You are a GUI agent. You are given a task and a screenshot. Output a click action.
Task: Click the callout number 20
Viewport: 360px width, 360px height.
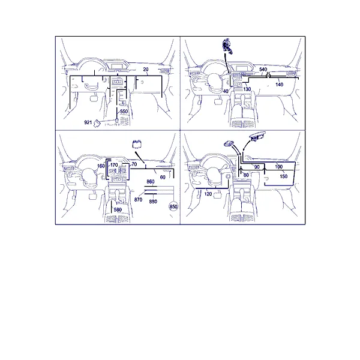pos(146,70)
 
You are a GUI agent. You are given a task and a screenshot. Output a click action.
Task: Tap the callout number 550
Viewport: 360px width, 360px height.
pos(124,112)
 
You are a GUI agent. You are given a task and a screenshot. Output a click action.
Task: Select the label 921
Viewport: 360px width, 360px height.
pos(88,122)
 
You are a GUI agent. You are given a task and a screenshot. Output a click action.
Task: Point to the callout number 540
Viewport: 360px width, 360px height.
pos(263,70)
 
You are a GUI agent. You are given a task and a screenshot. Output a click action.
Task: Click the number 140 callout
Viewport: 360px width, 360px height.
pos(279,85)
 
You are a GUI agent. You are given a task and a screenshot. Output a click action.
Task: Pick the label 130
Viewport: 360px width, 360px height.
pos(247,89)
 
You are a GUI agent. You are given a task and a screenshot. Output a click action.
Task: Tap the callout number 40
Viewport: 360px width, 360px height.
pos(226,91)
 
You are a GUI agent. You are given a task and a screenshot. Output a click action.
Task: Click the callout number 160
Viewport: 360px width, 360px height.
pos(101,166)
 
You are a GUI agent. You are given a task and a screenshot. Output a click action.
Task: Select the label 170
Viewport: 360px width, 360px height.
pos(114,165)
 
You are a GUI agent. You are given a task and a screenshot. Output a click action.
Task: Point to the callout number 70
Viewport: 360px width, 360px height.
pos(134,164)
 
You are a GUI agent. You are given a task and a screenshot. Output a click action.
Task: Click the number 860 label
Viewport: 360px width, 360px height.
pos(151,182)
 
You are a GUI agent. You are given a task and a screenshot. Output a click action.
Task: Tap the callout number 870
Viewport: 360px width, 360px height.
pos(138,200)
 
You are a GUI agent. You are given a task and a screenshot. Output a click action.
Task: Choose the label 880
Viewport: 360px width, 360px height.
pos(153,202)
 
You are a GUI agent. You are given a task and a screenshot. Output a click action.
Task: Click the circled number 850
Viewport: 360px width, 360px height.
pos(173,206)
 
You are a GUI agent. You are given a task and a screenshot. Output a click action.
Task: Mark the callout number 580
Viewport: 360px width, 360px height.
pos(118,209)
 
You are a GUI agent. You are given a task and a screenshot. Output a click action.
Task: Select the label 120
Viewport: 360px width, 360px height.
pos(208,194)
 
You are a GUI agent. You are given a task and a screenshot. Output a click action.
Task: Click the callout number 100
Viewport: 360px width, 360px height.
pos(278,167)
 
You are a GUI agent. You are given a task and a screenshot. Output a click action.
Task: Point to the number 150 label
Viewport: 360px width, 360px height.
pos(284,176)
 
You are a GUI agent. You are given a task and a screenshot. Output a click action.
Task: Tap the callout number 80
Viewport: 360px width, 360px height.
pos(246,175)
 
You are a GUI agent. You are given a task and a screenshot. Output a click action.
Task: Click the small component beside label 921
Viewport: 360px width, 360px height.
pos(97,123)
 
